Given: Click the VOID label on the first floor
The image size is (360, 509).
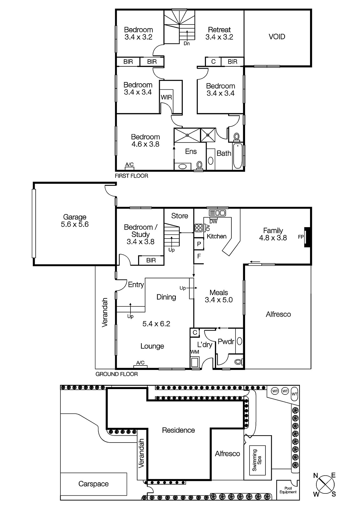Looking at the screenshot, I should click(277, 37).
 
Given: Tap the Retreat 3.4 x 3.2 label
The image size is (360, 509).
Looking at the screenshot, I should click(219, 33).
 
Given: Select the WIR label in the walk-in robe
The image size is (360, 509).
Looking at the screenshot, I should click(166, 97).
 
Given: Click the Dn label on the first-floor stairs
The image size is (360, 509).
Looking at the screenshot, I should click(187, 44).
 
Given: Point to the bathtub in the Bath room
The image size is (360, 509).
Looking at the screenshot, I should click(238, 157).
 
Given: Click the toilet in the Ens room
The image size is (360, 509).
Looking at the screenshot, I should click(200, 165).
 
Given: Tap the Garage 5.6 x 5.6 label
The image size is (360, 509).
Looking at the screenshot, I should click(74, 220).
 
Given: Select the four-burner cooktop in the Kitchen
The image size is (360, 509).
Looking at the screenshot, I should click(199, 227).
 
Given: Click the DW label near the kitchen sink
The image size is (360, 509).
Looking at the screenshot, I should click(213, 221).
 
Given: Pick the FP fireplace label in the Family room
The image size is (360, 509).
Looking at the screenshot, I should click(300, 237).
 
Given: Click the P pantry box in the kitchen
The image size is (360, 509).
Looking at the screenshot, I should click(199, 244).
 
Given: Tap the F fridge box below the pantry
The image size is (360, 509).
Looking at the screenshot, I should click(199, 255).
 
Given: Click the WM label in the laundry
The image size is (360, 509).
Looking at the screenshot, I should click(194, 352).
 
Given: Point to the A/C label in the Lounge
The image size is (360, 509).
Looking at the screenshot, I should click(140, 363).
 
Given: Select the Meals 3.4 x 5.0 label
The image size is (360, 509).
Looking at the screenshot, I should click(219, 296).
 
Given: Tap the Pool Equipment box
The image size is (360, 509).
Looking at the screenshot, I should click(288, 490).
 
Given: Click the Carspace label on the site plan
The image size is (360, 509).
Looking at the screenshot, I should click(93, 484).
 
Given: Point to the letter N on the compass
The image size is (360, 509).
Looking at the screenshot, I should click(315, 476).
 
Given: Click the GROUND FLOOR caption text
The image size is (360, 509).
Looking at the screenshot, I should click(116, 374).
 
